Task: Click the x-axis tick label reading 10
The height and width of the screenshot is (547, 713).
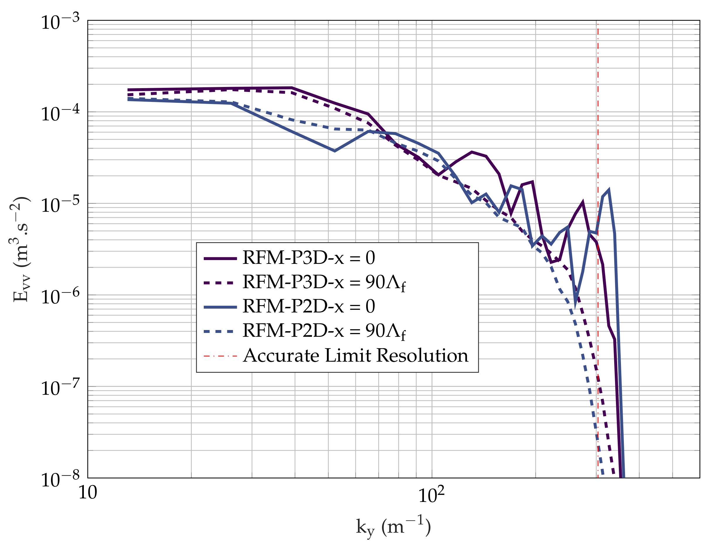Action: (88, 493)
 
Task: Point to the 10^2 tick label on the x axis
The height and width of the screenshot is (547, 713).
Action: (431, 495)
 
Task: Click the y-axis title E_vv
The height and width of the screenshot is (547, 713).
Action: (20, 249)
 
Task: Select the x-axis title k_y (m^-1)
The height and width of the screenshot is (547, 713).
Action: (393, 527)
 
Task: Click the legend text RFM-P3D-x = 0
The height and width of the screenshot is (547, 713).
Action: (308, 258)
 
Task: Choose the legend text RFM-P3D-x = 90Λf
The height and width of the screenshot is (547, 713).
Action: (324, 283)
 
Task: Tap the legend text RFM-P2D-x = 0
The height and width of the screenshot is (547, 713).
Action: (308, 307)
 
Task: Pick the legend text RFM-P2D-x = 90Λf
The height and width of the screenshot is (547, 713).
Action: (324, 331)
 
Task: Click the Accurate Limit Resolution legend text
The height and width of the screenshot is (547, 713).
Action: (355, 355)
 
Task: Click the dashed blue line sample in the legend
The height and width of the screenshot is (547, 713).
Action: (220, 332)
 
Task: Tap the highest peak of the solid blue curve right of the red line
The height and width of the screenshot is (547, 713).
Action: (608, 190)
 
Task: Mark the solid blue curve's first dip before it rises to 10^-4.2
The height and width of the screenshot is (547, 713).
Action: (335, 151)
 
